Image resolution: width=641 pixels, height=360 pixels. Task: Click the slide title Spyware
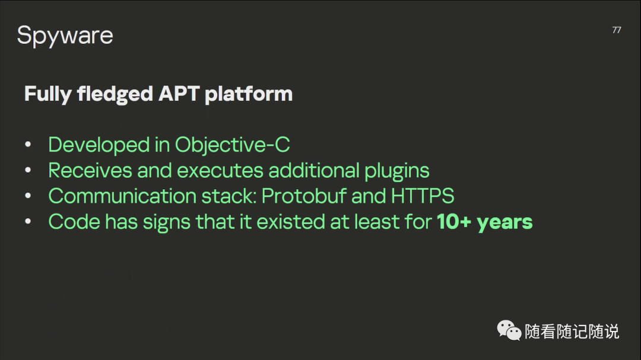click(65, 36)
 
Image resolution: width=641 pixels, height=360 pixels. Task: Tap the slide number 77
click(617, 30)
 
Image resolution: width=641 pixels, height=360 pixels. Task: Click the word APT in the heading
click(179, 94)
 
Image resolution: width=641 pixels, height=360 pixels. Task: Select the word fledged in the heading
click(115, 94)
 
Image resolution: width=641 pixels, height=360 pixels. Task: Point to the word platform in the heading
click(249, 94)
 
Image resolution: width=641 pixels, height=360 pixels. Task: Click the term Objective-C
click(232, 145)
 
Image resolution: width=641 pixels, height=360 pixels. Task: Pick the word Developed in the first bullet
click(99, 145)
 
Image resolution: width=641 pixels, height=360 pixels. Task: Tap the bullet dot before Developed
click(28, 145)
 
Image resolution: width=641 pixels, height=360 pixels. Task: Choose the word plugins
click(396, 171)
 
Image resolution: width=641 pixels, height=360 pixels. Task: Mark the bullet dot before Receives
click(28, 170)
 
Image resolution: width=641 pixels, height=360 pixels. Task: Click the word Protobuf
click(304, 196)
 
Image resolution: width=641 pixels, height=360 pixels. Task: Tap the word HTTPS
click(423, 196)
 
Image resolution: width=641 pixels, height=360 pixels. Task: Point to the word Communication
click(122, 196)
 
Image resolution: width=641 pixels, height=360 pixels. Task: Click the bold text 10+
click(454, 221)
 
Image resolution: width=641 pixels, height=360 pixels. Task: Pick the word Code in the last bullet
click(74, 221)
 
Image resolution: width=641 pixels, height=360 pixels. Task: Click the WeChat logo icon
click(509, 330)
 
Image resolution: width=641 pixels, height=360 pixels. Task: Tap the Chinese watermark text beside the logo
click(572, 332)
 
